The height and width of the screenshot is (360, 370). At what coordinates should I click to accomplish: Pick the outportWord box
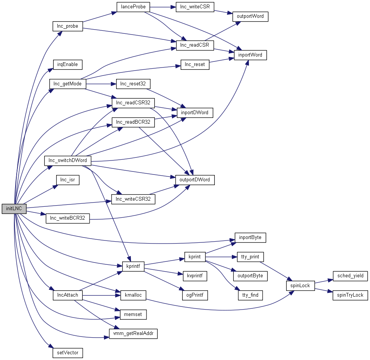pyautogui.click(x=250, y=17)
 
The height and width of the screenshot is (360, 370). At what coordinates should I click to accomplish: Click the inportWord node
pyautogui.click(x=250, y=55)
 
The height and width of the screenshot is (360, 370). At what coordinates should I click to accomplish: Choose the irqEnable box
pyautogui.click(x=68, y=64)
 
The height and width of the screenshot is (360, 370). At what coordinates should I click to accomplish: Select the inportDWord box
pyautogui.click(x=195, y=113)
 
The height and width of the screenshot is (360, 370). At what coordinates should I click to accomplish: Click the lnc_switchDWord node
pyautogui.click(x=68, y=160)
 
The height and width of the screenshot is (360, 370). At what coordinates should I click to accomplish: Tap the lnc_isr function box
pyautogui.click(x=68, y=180)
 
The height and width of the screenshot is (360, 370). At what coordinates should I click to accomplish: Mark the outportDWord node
pyautogui.click(x=195, y=180)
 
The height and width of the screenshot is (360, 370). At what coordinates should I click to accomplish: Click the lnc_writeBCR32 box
pyautogui.click(x=68, y=219)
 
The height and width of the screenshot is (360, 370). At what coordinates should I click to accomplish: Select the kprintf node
pyautogui.click(x=133, y=267)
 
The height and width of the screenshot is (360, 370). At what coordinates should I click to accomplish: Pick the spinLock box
pyautogui.click(x=300, y=286)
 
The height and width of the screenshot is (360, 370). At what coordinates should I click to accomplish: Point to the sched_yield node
pyautogui.click(x=350, y=276)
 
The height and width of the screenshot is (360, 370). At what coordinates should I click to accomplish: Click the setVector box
pyautogui.click(x=68, y=353)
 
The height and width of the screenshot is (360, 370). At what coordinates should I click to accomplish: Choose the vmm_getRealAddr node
pyautogui.click(x=133, y=334)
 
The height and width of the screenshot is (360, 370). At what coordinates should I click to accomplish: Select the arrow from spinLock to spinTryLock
pyautogui.click(x=323, y=291)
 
